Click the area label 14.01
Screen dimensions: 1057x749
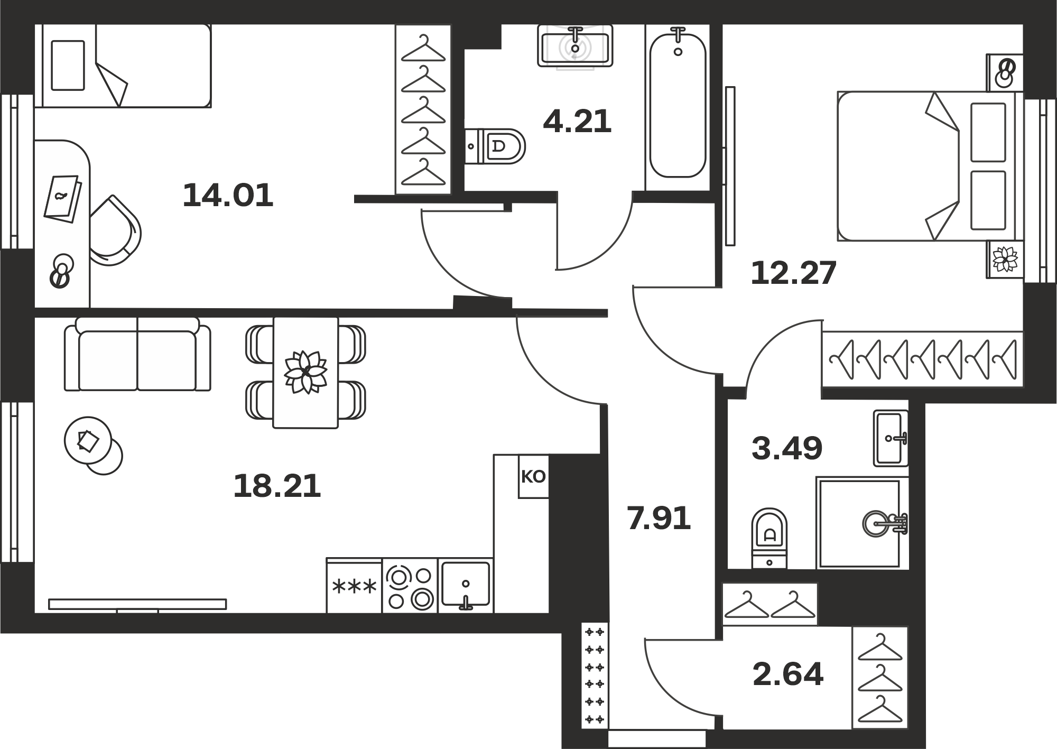(x=228, y=195)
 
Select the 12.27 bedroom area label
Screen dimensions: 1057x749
(x=794, y=273)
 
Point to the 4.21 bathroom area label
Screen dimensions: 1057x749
(x=577, y=121)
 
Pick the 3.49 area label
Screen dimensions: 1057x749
(x=787, y=448)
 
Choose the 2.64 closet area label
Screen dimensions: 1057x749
(x=788, y=674)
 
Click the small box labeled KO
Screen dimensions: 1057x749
(x=533, y=477)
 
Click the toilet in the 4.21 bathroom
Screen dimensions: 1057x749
(x=495, y=145)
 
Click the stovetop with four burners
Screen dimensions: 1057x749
(x=410, y=586)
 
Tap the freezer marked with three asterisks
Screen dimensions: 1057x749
(x=354, y=586)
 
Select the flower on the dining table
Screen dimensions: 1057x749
(x=305, y=372)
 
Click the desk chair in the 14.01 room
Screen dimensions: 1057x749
(x=115, y=230)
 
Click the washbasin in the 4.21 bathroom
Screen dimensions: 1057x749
(x=575, y=46)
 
